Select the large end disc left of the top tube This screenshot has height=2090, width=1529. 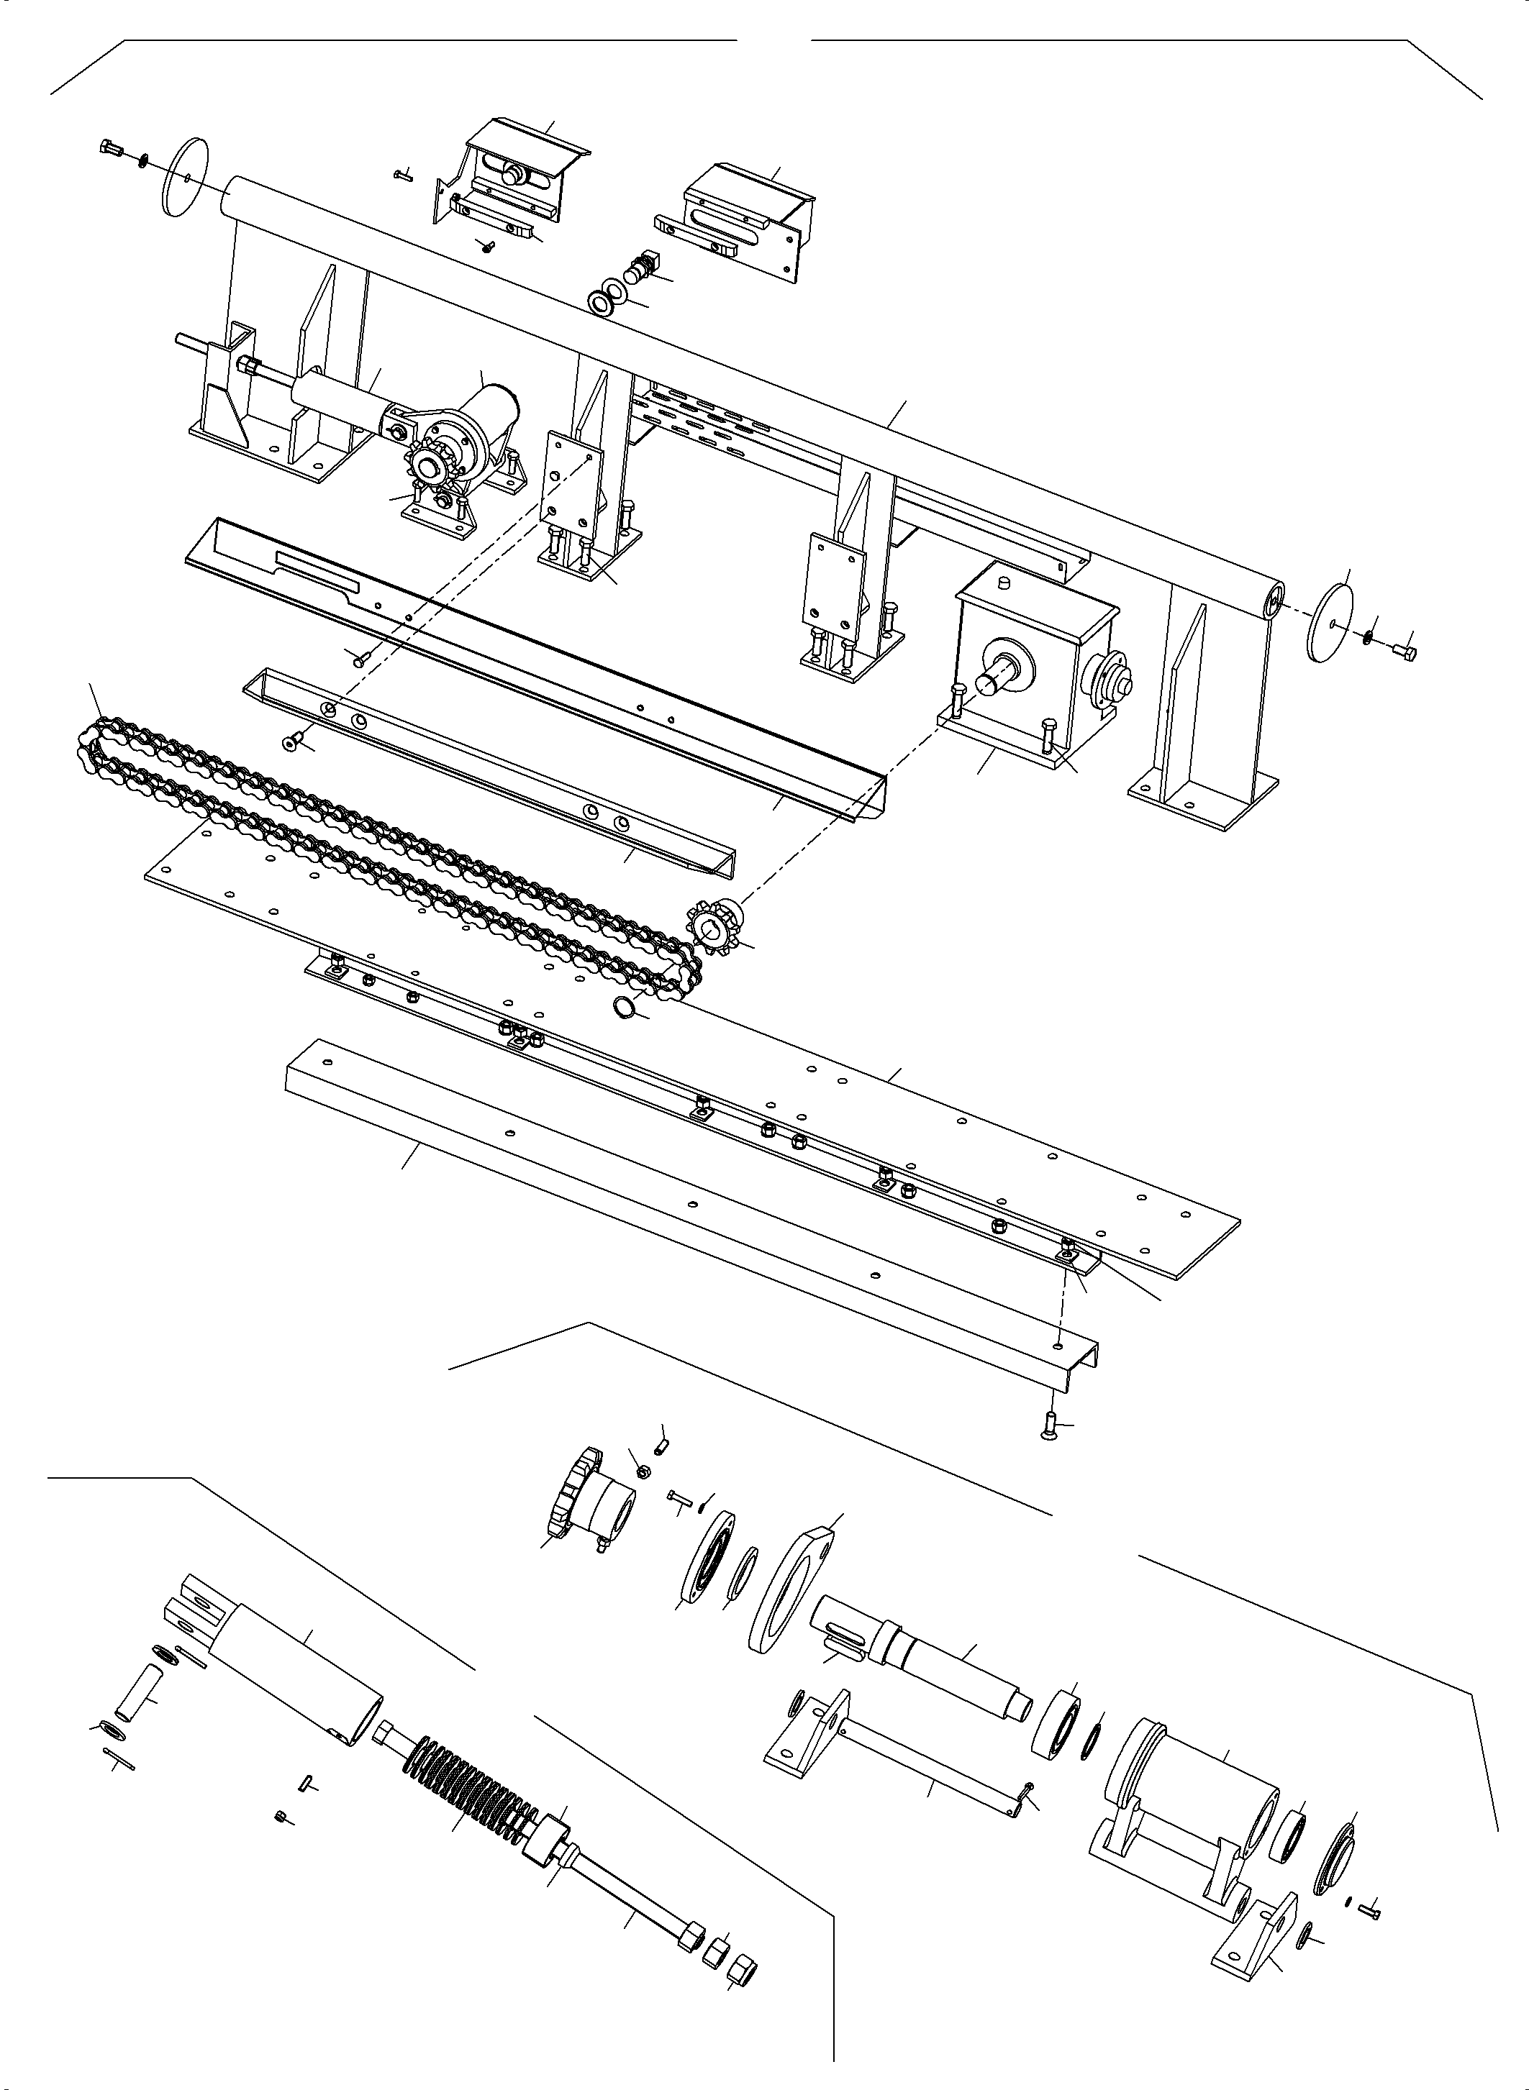point(184,177)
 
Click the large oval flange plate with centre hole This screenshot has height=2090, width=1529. point(791,1592)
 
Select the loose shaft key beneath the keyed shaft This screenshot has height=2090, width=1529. point(844,1647)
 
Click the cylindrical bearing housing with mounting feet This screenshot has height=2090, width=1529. point(1194,1790)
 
